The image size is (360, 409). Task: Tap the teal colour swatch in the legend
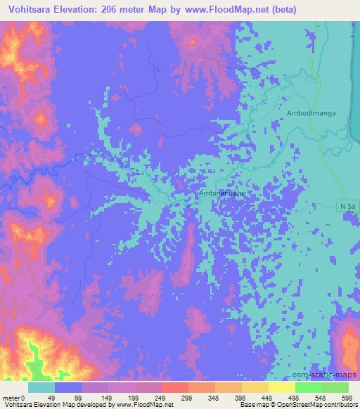tap(41, 387)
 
